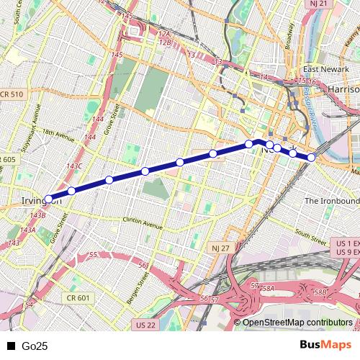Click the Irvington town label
tap(40, 200)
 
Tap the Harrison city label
tap(343, 89)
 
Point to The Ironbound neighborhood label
tap(331, 199)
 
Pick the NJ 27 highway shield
tap(220, 248)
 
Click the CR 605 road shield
tap(8, 159)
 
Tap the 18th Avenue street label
tap(58, 134)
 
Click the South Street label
tap(311, 234)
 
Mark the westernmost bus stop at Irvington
tap(49, 199)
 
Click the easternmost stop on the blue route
tap(311, 157)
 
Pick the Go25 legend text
tap(35, 346)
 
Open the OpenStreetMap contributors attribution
tap(297, 323)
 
